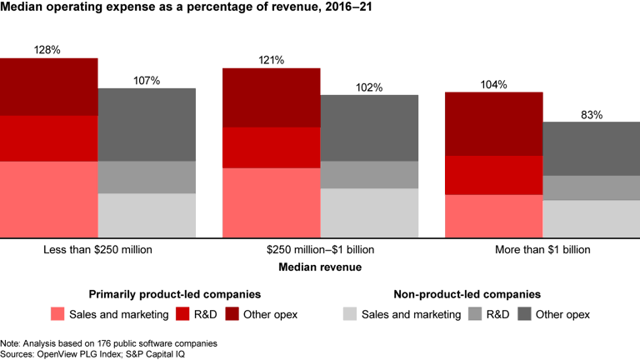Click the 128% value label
pyautogui.click(x=47, y=50)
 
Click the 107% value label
pyautogui.click(x=147, y=81)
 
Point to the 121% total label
pyautogui.click(x=271, y=60)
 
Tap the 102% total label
pyautogui.click(x=369, y=87)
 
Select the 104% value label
pyautogui.click(x=493, y=85)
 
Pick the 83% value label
pyautogui.click(x=592, y=115)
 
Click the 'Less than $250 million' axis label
pyautogui.click(x=97, y=249)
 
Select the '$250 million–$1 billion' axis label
pyautogui.click(x=320, y=249)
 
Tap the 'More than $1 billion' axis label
pyautogui.click(x=542, y=249)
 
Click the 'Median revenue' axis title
pyautogui.click(x=320, y=267)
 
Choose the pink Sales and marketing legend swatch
pyautogui.click(x=57, y=314)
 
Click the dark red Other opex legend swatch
pyautogui.click(x=232, y=314)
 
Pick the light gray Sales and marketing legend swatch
pyautogui.click(x=350, y=314)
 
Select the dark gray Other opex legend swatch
pyautogui.click(x=525, y=314)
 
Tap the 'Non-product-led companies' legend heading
pyautogui.click(x=466, y=294)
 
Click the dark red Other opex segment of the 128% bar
pyautogui.click(x=48, y=87)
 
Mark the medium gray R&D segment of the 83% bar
pyautogui.click(x=592, y=187)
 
